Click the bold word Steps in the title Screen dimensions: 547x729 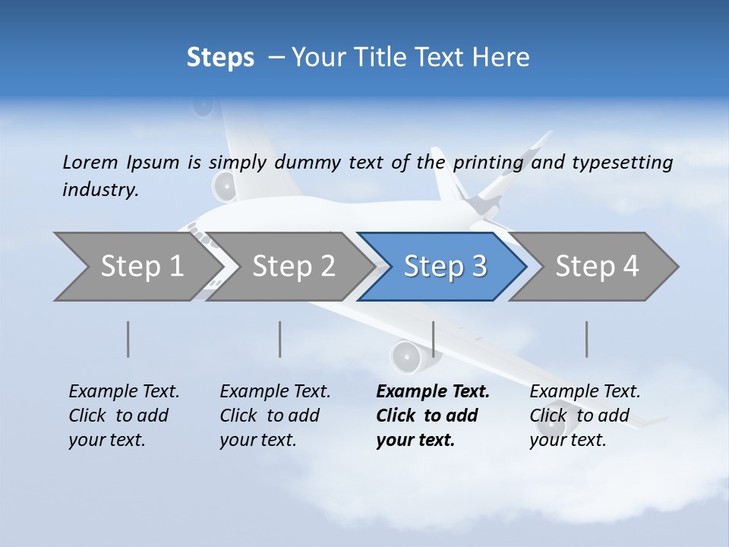click(220, 58)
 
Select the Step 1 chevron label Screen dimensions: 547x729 click(142, 266)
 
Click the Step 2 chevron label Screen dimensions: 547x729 click(294, 266)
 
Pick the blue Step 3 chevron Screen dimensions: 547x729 click(445, 267)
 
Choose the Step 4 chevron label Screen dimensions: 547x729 click(597, 266)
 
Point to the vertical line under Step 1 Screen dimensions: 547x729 click(128, 339)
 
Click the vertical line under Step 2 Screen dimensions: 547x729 click(280, 339)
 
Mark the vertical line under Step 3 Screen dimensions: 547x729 click(433, 339)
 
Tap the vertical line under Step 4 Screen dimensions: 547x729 click(587, 339)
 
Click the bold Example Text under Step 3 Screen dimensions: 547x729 click(433, 391)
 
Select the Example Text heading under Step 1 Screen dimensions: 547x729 click(124, 391)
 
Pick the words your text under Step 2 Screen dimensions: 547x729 click(257, 440)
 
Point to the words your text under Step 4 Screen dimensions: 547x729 click(567, 440)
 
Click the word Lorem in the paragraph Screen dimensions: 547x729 click(90, 162)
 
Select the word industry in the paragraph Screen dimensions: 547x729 click(100, 190)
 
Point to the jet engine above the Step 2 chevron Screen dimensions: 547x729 click(225, 185)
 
